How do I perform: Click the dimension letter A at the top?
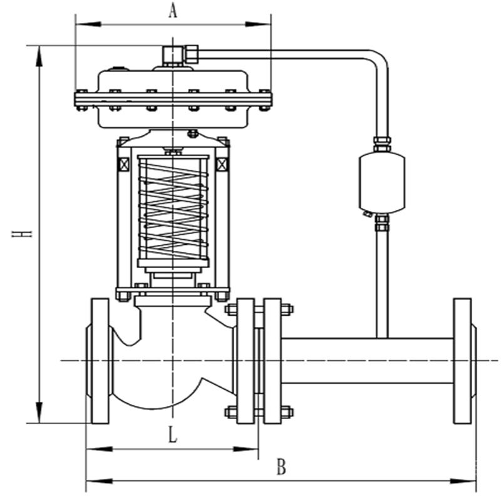tap(173, 10)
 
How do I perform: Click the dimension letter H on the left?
tap(24, 233)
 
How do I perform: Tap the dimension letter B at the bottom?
tap(281, 467)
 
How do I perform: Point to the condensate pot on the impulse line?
tap(381, 182)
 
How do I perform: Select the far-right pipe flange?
tap(463, 361)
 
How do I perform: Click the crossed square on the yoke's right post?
tap(222, 165)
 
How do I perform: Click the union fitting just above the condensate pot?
tap(382, 144)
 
